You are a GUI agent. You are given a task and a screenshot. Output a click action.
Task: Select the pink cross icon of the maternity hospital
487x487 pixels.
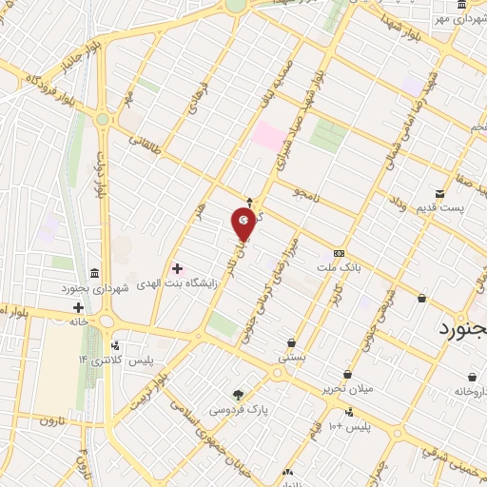coord(177,268)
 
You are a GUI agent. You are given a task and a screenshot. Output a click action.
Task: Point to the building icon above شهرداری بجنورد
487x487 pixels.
coord(94,273)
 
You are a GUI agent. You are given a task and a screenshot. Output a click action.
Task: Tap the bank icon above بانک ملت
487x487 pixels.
coord(340,253)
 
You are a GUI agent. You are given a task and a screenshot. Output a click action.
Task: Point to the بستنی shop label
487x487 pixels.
coord(291,357)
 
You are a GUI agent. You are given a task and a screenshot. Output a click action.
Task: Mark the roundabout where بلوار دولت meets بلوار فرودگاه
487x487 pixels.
coord(102,120)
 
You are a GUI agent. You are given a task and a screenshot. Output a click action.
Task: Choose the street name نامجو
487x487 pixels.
coord(311,195)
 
